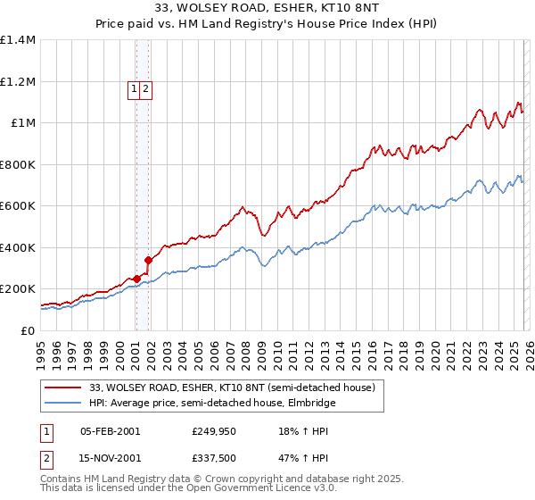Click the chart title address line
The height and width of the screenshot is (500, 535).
(x=267, y=9)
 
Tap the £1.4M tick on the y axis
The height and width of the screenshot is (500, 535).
(x=18, y=40)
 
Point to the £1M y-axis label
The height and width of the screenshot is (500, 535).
(x=23, y=123)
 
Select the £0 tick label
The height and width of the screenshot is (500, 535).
(x=29, y=330)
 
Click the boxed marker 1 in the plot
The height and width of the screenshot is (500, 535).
(x=134, y=88)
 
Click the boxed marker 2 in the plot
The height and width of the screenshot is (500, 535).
(x=145, y=88)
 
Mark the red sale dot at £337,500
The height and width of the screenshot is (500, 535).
(x=149, y=261)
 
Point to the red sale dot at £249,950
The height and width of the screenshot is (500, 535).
(x=136, y=279)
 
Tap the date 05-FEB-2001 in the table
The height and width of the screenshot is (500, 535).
(x=110, y=430)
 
